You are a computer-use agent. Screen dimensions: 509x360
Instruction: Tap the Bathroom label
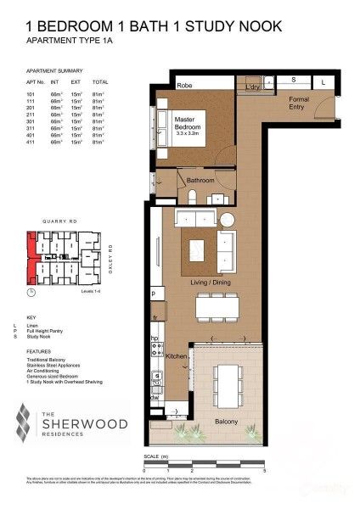[x=200, y=181]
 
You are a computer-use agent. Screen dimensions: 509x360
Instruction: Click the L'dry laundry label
[x=251, y=87]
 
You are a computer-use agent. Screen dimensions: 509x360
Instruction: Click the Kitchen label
[x=175, y=357]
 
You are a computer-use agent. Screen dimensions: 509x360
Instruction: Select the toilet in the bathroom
[x=194, y=197]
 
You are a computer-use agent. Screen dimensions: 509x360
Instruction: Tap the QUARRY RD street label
[x=59, y=223]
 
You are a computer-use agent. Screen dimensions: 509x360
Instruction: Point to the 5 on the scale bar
[x=265, y=469]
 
